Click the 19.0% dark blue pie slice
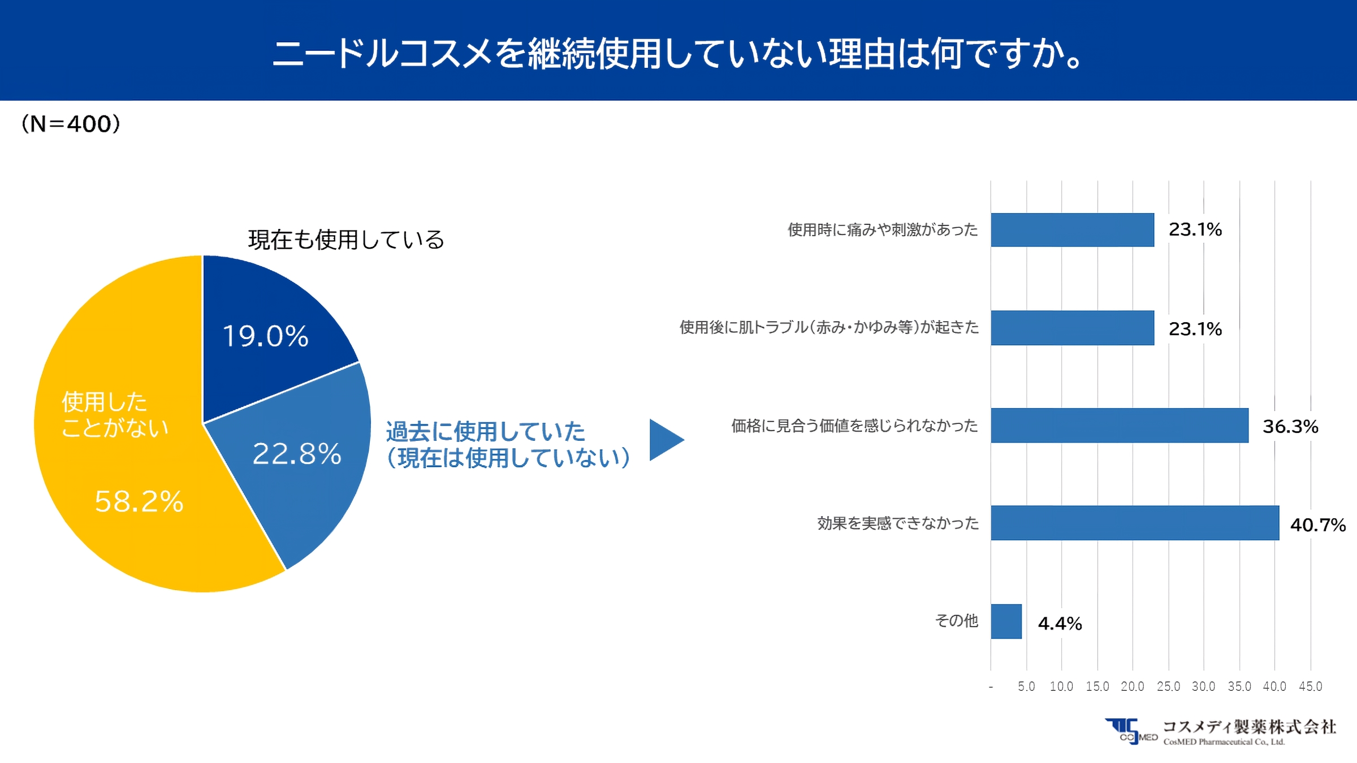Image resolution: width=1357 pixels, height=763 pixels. [x=266, y=328]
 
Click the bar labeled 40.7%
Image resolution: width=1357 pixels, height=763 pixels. [x=1134, y=523]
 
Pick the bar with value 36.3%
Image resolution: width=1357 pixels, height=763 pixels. [x=1120, y=425]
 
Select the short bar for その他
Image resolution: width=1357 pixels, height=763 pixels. [x=1006, y=621]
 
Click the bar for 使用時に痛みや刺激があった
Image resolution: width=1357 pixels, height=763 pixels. [x=1072, y=229]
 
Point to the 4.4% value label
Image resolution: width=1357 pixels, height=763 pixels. [x=1060, y=623]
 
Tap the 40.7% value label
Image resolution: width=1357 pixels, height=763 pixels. [x=1317, y=525]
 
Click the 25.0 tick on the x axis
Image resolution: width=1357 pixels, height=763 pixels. [x=1168, y=686]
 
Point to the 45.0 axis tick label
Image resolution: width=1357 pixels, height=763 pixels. [x=1310, y=686]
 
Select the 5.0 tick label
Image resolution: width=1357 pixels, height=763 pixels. [x=1026, y=686]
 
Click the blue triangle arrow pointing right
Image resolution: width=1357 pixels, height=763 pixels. [x=664, y=440]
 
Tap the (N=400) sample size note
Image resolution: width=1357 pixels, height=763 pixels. [x=71, y=124]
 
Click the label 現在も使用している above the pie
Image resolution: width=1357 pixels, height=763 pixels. [x=346, y=240]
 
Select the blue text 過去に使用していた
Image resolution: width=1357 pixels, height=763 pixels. [x=485, y=432]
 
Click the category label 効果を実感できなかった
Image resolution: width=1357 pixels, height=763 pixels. [x=897, y=523]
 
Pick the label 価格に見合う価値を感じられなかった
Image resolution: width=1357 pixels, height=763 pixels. [x=854, y=426]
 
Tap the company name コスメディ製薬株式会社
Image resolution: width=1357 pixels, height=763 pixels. [x=1249, y=726]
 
